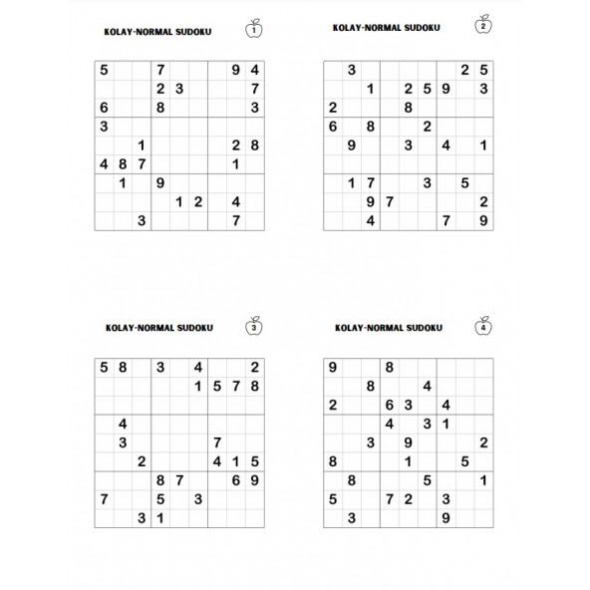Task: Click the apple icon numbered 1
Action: (x=254, y=30)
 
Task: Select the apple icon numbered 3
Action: (x=254, y=326)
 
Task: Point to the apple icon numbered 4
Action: (x=484, y=325)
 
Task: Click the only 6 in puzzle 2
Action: (x=332, y=127)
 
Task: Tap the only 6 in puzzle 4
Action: (x=389, y=405)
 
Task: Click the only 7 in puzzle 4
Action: (x=389, y=498)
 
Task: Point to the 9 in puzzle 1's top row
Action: (x=235, y=70)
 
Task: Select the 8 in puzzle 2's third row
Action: (x=408, y=107)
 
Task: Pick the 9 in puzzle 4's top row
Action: (x=332, y=368)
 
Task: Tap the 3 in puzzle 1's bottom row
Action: (x=141, y=220)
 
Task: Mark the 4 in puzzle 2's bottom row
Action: (x=370, y=220)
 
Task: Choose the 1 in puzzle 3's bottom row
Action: (x=159, y=517)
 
